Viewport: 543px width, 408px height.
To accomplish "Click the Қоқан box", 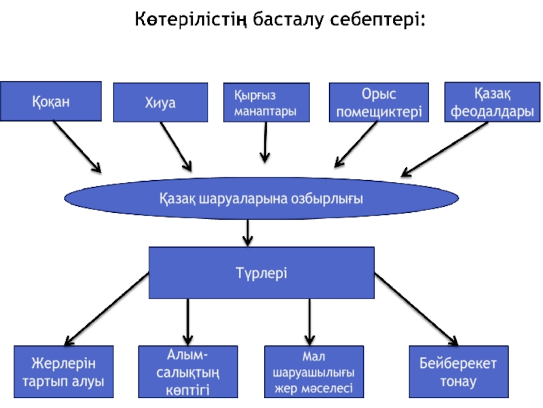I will coord(51,101).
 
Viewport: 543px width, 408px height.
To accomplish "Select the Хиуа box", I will coord(160,103).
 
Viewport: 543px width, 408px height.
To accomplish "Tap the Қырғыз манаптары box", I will coord(266,103).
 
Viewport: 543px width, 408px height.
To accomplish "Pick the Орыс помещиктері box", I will coord(379,103).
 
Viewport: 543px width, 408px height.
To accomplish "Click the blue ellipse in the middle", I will coord(261,199).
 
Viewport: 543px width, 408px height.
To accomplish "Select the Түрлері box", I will coord(261,273).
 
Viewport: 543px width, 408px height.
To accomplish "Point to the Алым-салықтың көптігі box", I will coord(188,371).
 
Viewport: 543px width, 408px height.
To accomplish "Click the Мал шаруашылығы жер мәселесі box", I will coord(314,372).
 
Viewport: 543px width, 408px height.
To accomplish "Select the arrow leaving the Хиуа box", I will coord(176,146).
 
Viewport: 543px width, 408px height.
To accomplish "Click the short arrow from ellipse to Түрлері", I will coord(248,231).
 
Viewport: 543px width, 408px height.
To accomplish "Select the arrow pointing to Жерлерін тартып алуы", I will coord(107,307).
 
